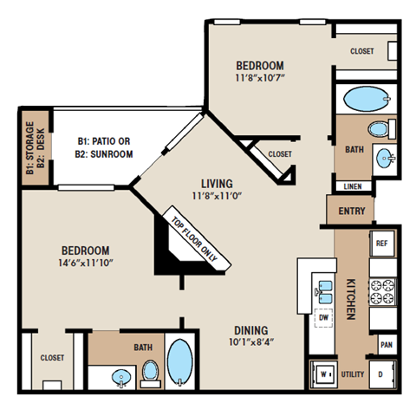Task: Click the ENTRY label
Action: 352,211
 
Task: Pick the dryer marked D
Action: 381,374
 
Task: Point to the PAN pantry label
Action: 385,344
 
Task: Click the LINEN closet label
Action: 353,185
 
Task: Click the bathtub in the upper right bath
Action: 365,99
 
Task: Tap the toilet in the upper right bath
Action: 377,131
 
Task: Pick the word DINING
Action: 250,330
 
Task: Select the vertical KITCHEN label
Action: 352,300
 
